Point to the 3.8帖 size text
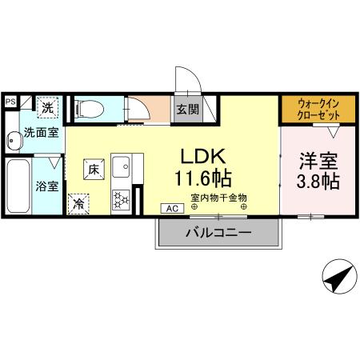click(x=318, y=181)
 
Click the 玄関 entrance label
click(x=188, y=109)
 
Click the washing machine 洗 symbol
click(x=47, y=107)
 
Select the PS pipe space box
click(x=10, y=102)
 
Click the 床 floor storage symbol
click(x=93, y=169)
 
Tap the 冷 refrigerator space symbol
click(x=79, y=204)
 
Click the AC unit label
click(x=172, y=208)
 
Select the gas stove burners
click(x=122, y=198)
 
